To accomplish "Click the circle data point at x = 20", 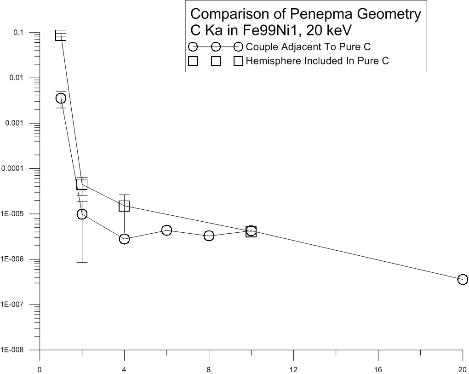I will click(x=463, y=279).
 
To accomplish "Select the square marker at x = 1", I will click(x=61, y=35).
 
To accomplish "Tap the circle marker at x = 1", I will click(x=61, y=98).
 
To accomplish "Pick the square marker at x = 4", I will click(x=124, y=206).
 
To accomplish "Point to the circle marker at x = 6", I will click(x=166, y=230).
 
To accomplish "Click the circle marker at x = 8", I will click(x=209, y=236).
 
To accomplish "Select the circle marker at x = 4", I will click(x=124, y=239).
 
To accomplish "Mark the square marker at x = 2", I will click(x=82, y=184).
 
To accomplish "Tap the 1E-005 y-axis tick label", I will click(x=17, y=214).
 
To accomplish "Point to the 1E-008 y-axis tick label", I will click(x=17, y=350).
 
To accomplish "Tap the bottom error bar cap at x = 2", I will click(x=82, y=262).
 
